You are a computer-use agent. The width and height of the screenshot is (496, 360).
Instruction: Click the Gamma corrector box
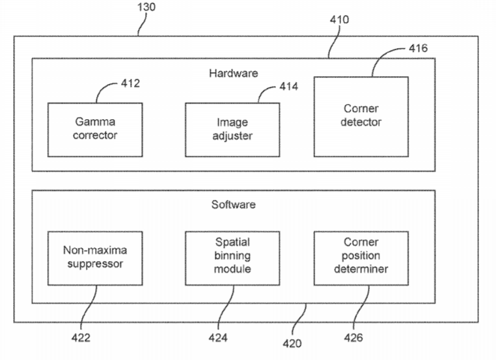96,130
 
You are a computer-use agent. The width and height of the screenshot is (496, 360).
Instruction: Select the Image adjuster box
232,130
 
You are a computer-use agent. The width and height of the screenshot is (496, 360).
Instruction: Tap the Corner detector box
361,117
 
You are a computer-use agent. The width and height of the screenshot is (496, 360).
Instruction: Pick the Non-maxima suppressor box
96,258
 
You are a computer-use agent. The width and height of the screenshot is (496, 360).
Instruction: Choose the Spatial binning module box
232,258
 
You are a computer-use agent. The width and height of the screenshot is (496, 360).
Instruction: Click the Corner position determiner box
361,258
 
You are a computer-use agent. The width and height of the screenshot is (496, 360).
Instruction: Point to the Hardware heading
233,73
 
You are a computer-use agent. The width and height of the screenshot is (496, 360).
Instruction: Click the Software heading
233,204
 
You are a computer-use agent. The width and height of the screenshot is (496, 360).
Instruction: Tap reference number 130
146,7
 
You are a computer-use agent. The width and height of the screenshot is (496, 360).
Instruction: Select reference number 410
339,20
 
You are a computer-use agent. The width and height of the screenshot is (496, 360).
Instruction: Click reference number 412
130,83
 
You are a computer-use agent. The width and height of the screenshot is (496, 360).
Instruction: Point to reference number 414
289,86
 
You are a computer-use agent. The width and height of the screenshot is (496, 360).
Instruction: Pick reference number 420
292,343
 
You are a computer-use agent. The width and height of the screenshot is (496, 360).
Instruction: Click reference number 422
81,338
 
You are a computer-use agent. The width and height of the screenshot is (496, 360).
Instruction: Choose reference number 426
353,338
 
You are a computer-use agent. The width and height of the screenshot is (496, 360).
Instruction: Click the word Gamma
96,122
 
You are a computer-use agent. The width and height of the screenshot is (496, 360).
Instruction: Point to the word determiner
361,269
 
